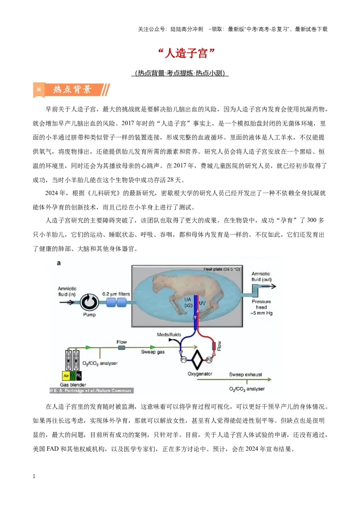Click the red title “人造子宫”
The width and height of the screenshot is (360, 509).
pyautogui.click(x=186, y=53)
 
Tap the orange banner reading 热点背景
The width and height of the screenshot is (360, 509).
pyautogui.click(x=71, y=89)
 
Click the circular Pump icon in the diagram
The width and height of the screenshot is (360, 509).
pyautogui.click(x=90, y=302)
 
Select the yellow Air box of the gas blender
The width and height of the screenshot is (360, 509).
pyautogui.click(x=66, y=375)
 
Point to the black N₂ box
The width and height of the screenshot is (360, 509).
pyautogui.click(x=79, y=375)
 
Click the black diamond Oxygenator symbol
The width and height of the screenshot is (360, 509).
pyautogui.click(x=196, y=360)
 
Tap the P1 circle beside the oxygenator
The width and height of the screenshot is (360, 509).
pyautogui.click(x=184, y=360)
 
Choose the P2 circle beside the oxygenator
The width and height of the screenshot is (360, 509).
pyautogui.click(x=209, y=360)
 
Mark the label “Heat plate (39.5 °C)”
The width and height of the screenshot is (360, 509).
pyautogui.click(x=221, y=269)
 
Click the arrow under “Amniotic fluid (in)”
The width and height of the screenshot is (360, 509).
pyautogui.click(x=67, y=302)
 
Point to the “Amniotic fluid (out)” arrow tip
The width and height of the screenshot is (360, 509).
pyautogui.click(x=276, y=286)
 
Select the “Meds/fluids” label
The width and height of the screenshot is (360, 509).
pyautogui.click(x=169, y=335)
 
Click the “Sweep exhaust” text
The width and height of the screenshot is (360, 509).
pyautogui.click(x=245, y=374)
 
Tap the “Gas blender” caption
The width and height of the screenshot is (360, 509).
pyautogui.click(x=73, y=384)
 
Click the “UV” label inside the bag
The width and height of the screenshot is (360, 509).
pyautogui.click(x=202, y=303)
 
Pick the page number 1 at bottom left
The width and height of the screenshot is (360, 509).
pyautogui.click(x=34, y=476)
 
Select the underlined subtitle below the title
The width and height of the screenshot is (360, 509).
pyautogui.click(x=180, y=73)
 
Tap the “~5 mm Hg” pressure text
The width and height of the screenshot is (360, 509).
pyautogui.click(x=261, y=313)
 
